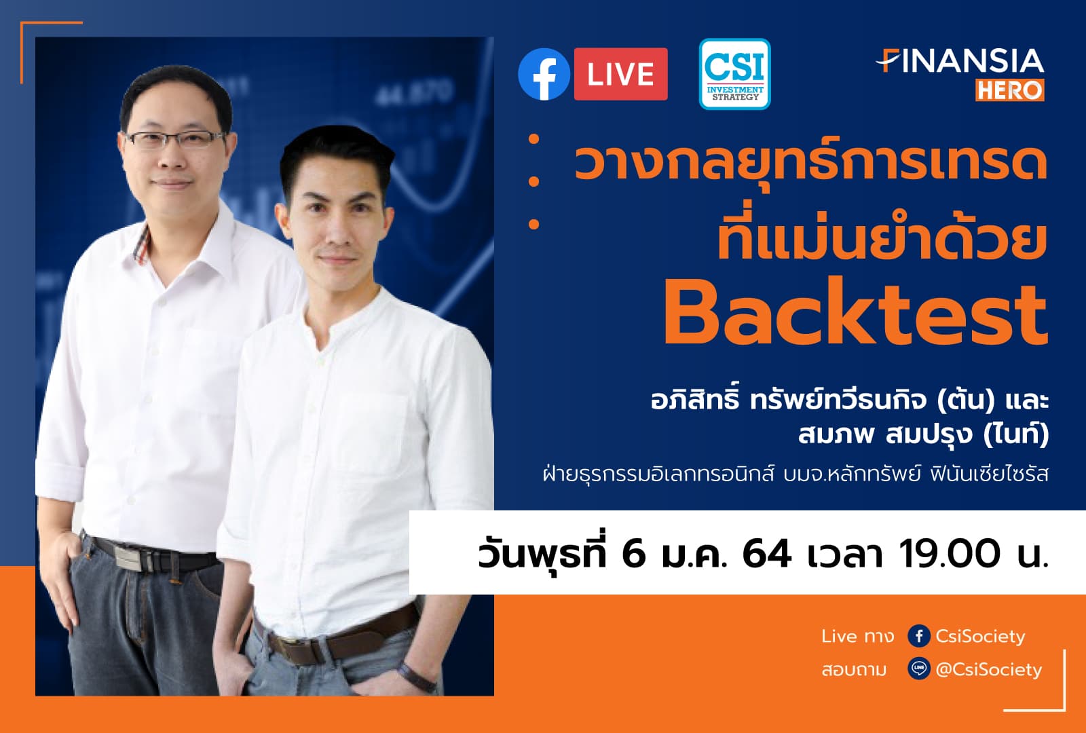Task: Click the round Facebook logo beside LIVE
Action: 544,75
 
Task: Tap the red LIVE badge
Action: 620,74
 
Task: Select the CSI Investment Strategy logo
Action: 734,74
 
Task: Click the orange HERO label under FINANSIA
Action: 1009,90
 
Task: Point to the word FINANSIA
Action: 961,61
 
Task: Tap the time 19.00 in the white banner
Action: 950,553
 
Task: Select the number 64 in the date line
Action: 766,553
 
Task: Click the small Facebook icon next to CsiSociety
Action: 918,636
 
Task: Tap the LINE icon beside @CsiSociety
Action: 918,669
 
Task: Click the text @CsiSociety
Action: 988,670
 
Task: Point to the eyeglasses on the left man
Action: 174,139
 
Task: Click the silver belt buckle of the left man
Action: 136,558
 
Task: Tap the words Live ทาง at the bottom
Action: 857,636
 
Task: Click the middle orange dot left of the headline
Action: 533,181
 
